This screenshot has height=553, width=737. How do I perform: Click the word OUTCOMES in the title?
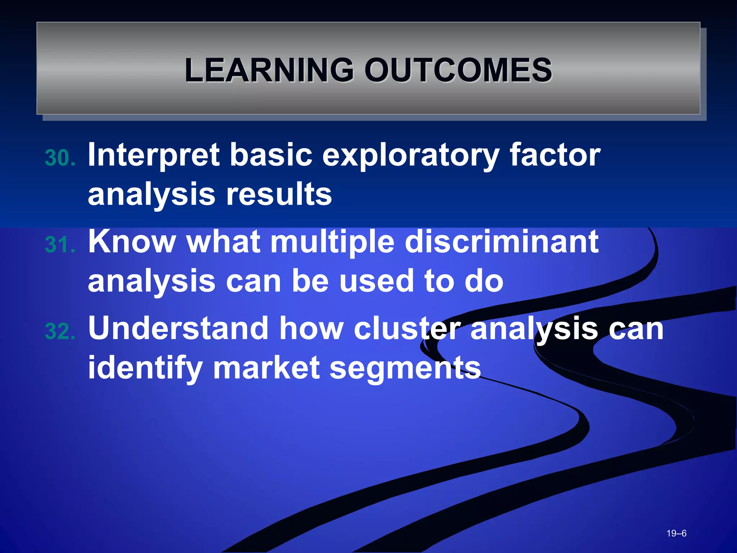coord(458,70)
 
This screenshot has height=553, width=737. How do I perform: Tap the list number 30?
coord(60,158)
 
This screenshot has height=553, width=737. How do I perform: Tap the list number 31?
coord(60,245)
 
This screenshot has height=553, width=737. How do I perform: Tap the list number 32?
coord(60,331)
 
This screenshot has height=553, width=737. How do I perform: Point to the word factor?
coord(555,155)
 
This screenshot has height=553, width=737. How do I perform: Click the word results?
coord(279,194)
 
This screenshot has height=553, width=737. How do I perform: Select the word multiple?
coord(332,242)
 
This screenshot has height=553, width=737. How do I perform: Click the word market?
coord(266,368)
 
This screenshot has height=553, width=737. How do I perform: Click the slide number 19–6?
coord(676,533)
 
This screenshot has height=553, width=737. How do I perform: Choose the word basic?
coord(271,155)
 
